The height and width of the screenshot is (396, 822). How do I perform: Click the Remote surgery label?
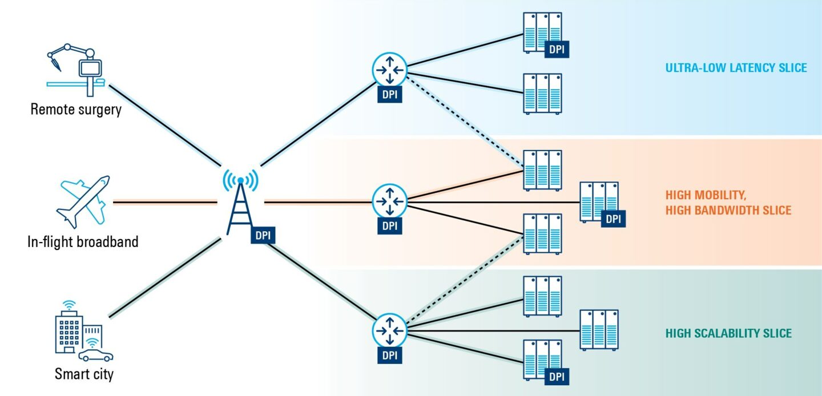(x=76, y=109)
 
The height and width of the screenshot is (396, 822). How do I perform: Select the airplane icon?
(x=83, y=201)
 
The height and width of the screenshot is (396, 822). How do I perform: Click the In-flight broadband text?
(x=83, y=241)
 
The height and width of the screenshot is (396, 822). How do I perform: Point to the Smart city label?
(x=84, y=374)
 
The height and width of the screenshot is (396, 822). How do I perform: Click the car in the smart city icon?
(x=95, y=355)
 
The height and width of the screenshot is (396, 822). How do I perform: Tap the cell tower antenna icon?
(x=240, y=203)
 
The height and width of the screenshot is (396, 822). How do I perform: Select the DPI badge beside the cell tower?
(x=263, y=235)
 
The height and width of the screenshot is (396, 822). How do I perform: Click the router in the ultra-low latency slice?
(x=389, y=70)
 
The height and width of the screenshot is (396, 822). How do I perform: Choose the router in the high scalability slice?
(x=389, y=330)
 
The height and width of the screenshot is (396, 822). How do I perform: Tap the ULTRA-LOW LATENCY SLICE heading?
(x=736, y=68)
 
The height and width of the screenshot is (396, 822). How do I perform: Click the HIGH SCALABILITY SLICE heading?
(x=728, y=333)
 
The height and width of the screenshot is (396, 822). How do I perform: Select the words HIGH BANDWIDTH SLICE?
(x=728, y=211)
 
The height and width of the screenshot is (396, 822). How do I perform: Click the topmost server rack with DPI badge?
(x=542, y=33)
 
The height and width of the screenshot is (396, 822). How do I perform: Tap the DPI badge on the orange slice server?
(x=613, y=219)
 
